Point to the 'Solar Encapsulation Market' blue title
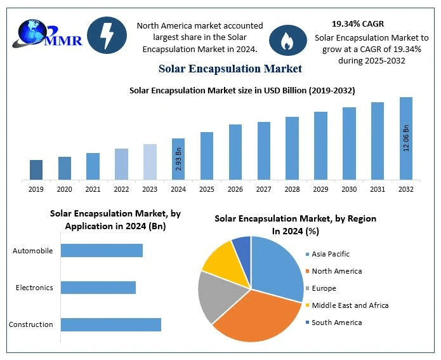(x=230, y=68)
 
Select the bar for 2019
(x=36, y=170)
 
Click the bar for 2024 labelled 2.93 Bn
(x=178, y=159)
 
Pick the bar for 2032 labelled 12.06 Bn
(x=405, y=138)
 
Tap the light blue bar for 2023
(x=150, y=161)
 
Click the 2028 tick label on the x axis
(x=292, y=189)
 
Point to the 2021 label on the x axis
(x=93, y=189)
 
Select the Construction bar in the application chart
(x=110, y=324)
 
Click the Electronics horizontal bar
(x=98, y=288)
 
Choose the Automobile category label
(x=33, y=251)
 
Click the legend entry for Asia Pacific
(x=330, y=254)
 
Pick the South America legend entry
(x=336, y=323)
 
